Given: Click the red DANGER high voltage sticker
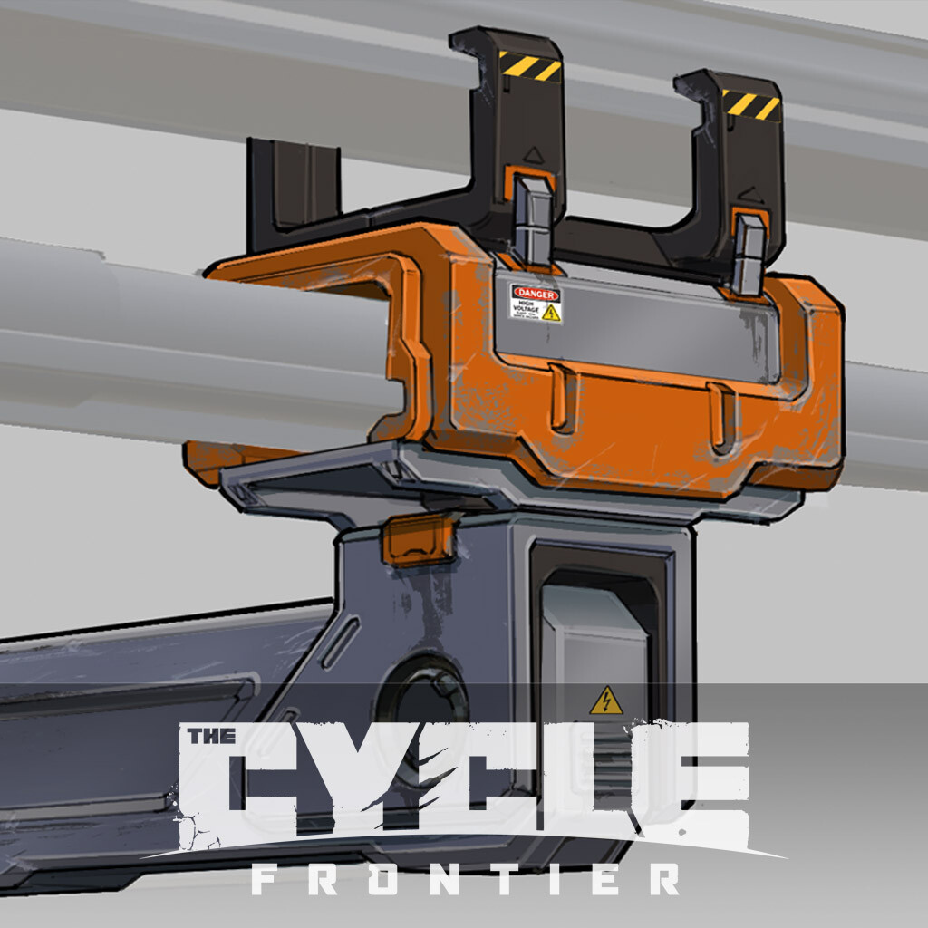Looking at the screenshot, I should [x=535, y=303].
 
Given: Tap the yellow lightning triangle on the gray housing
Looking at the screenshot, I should [x=606, y=701].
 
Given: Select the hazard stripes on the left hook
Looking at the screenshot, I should [x=530, y=65].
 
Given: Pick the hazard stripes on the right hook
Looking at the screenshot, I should [x=751, y=104].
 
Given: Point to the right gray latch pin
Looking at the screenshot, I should [x=749, y=255].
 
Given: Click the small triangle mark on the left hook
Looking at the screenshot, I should [x=535, y=155].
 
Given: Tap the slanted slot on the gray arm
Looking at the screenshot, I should [x=340, y=642].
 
